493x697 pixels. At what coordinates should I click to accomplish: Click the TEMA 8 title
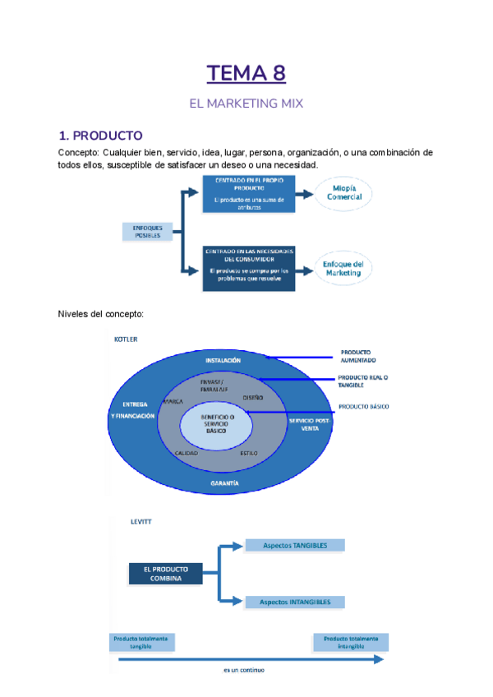pyautogui.click(x=246, y=74)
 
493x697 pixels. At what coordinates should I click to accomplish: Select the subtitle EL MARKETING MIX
pyautogui.click(x=246, y=104)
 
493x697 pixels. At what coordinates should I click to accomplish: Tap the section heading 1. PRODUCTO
pyautogui.click(x=100, y=136)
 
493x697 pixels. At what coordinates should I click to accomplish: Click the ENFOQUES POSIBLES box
pyautogui.click(x=148, y=231)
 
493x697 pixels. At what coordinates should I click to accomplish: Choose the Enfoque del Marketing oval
pyautogui.click(x=343, y=269)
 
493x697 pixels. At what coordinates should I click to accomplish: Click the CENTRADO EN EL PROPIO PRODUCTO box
pyautogui.click(x=248, y=194)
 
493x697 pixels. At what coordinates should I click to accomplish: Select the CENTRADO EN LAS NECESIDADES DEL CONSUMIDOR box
pyautogui.click(x=248, y=268)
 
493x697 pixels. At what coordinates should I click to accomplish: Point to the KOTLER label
pyautogui.click(x=126, y=339)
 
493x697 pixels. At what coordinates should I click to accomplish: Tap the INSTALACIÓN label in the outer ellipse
pyautogui.click(x=223, y=360)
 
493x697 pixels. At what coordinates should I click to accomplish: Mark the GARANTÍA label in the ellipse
pyautogui.click(x=224, y=483)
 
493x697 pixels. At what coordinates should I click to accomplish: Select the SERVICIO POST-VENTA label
pyautogui.click(x=307, y=424)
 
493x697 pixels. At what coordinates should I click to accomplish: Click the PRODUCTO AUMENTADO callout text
pyautogui.click(x=359, y=357)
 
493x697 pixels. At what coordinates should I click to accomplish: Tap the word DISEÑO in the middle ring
pyautogui.click(x=253, y=398)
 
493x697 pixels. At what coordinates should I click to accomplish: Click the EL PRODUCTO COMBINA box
pyautogui.click(x=166, y=573)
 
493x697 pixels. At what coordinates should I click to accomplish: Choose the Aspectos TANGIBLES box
pyautogui.click(x=295, y=545)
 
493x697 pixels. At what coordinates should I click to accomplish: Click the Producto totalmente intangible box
pyautogui.click(x=351, y=642)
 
